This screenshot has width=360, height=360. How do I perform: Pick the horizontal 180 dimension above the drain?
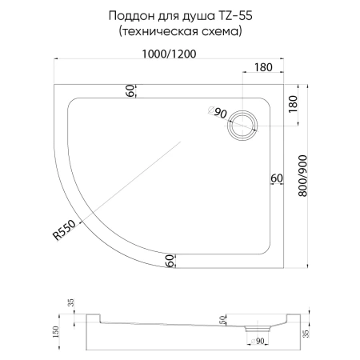click(265, 68)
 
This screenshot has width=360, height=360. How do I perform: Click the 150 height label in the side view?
click(56, 331)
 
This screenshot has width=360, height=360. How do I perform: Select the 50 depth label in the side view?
click(222, 320)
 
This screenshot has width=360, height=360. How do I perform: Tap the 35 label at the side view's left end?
click(71, 302)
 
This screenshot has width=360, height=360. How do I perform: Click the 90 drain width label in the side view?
click(259, 342)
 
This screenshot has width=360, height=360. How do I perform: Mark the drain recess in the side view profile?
click(258, 328)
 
